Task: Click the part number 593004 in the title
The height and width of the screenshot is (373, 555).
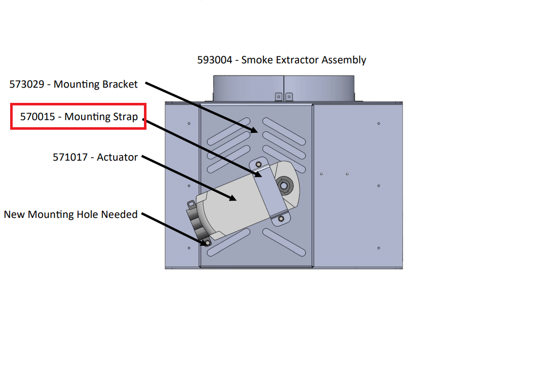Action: coord(214,60)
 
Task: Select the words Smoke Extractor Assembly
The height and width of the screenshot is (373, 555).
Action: coord(304,60)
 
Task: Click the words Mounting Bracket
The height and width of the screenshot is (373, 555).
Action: coord(96,85)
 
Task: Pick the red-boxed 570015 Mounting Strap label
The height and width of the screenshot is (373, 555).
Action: coord(79,117)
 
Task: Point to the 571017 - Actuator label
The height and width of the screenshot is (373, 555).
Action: coord(95,158)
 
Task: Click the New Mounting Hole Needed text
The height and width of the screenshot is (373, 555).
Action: coord(70,214)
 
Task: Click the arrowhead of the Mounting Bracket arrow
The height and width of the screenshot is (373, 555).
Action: coord(256,131)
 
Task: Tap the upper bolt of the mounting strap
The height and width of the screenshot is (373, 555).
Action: coord(258,165)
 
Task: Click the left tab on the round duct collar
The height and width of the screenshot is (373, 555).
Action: coord(278,97)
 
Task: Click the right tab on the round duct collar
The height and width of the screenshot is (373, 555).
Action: coord(289,97)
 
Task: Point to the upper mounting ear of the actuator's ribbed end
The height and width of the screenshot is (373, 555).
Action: coord(192,204)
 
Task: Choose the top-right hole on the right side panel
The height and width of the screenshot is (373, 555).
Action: coord(379,124)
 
